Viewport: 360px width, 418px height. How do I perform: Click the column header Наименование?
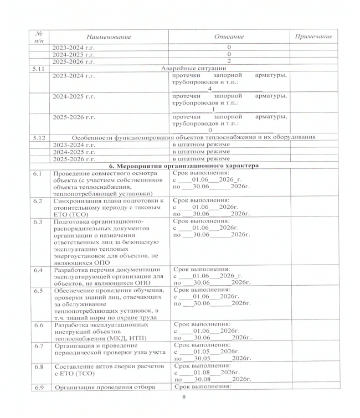tap(109, 37)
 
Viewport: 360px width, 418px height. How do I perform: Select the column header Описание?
tap(229, 37)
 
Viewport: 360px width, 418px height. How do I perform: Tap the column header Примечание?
tap(313, 37)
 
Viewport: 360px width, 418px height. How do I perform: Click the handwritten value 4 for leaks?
tap(210, 89)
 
